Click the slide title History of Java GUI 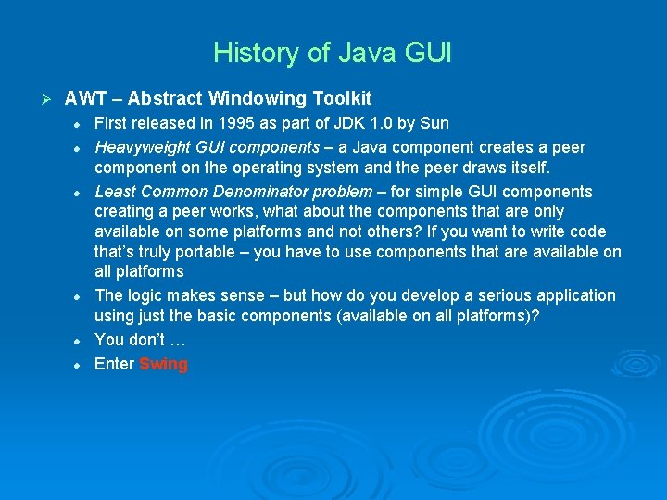(x=333, y=52)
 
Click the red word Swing (x=163, y=364)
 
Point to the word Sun (x=434, y=123)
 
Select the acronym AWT (x=85, y=98)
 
